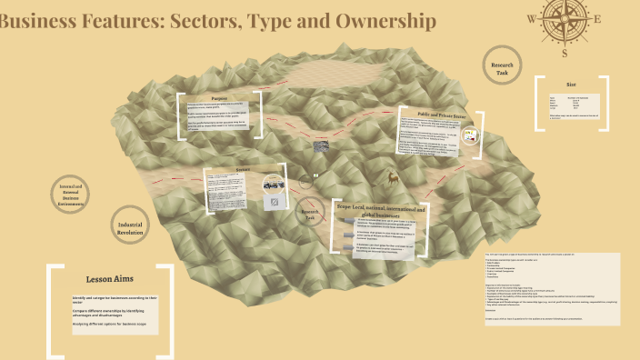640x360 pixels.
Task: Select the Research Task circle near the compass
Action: pos(502,69)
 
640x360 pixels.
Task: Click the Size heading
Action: pos(571,84)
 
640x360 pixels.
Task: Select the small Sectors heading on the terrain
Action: pos(243,169)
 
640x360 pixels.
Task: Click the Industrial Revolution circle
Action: pos(132,225)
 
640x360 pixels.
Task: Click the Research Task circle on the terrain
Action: pos(309,215)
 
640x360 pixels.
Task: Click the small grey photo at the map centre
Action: pos(322,145)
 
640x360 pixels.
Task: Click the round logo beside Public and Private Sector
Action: pos(470,136)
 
